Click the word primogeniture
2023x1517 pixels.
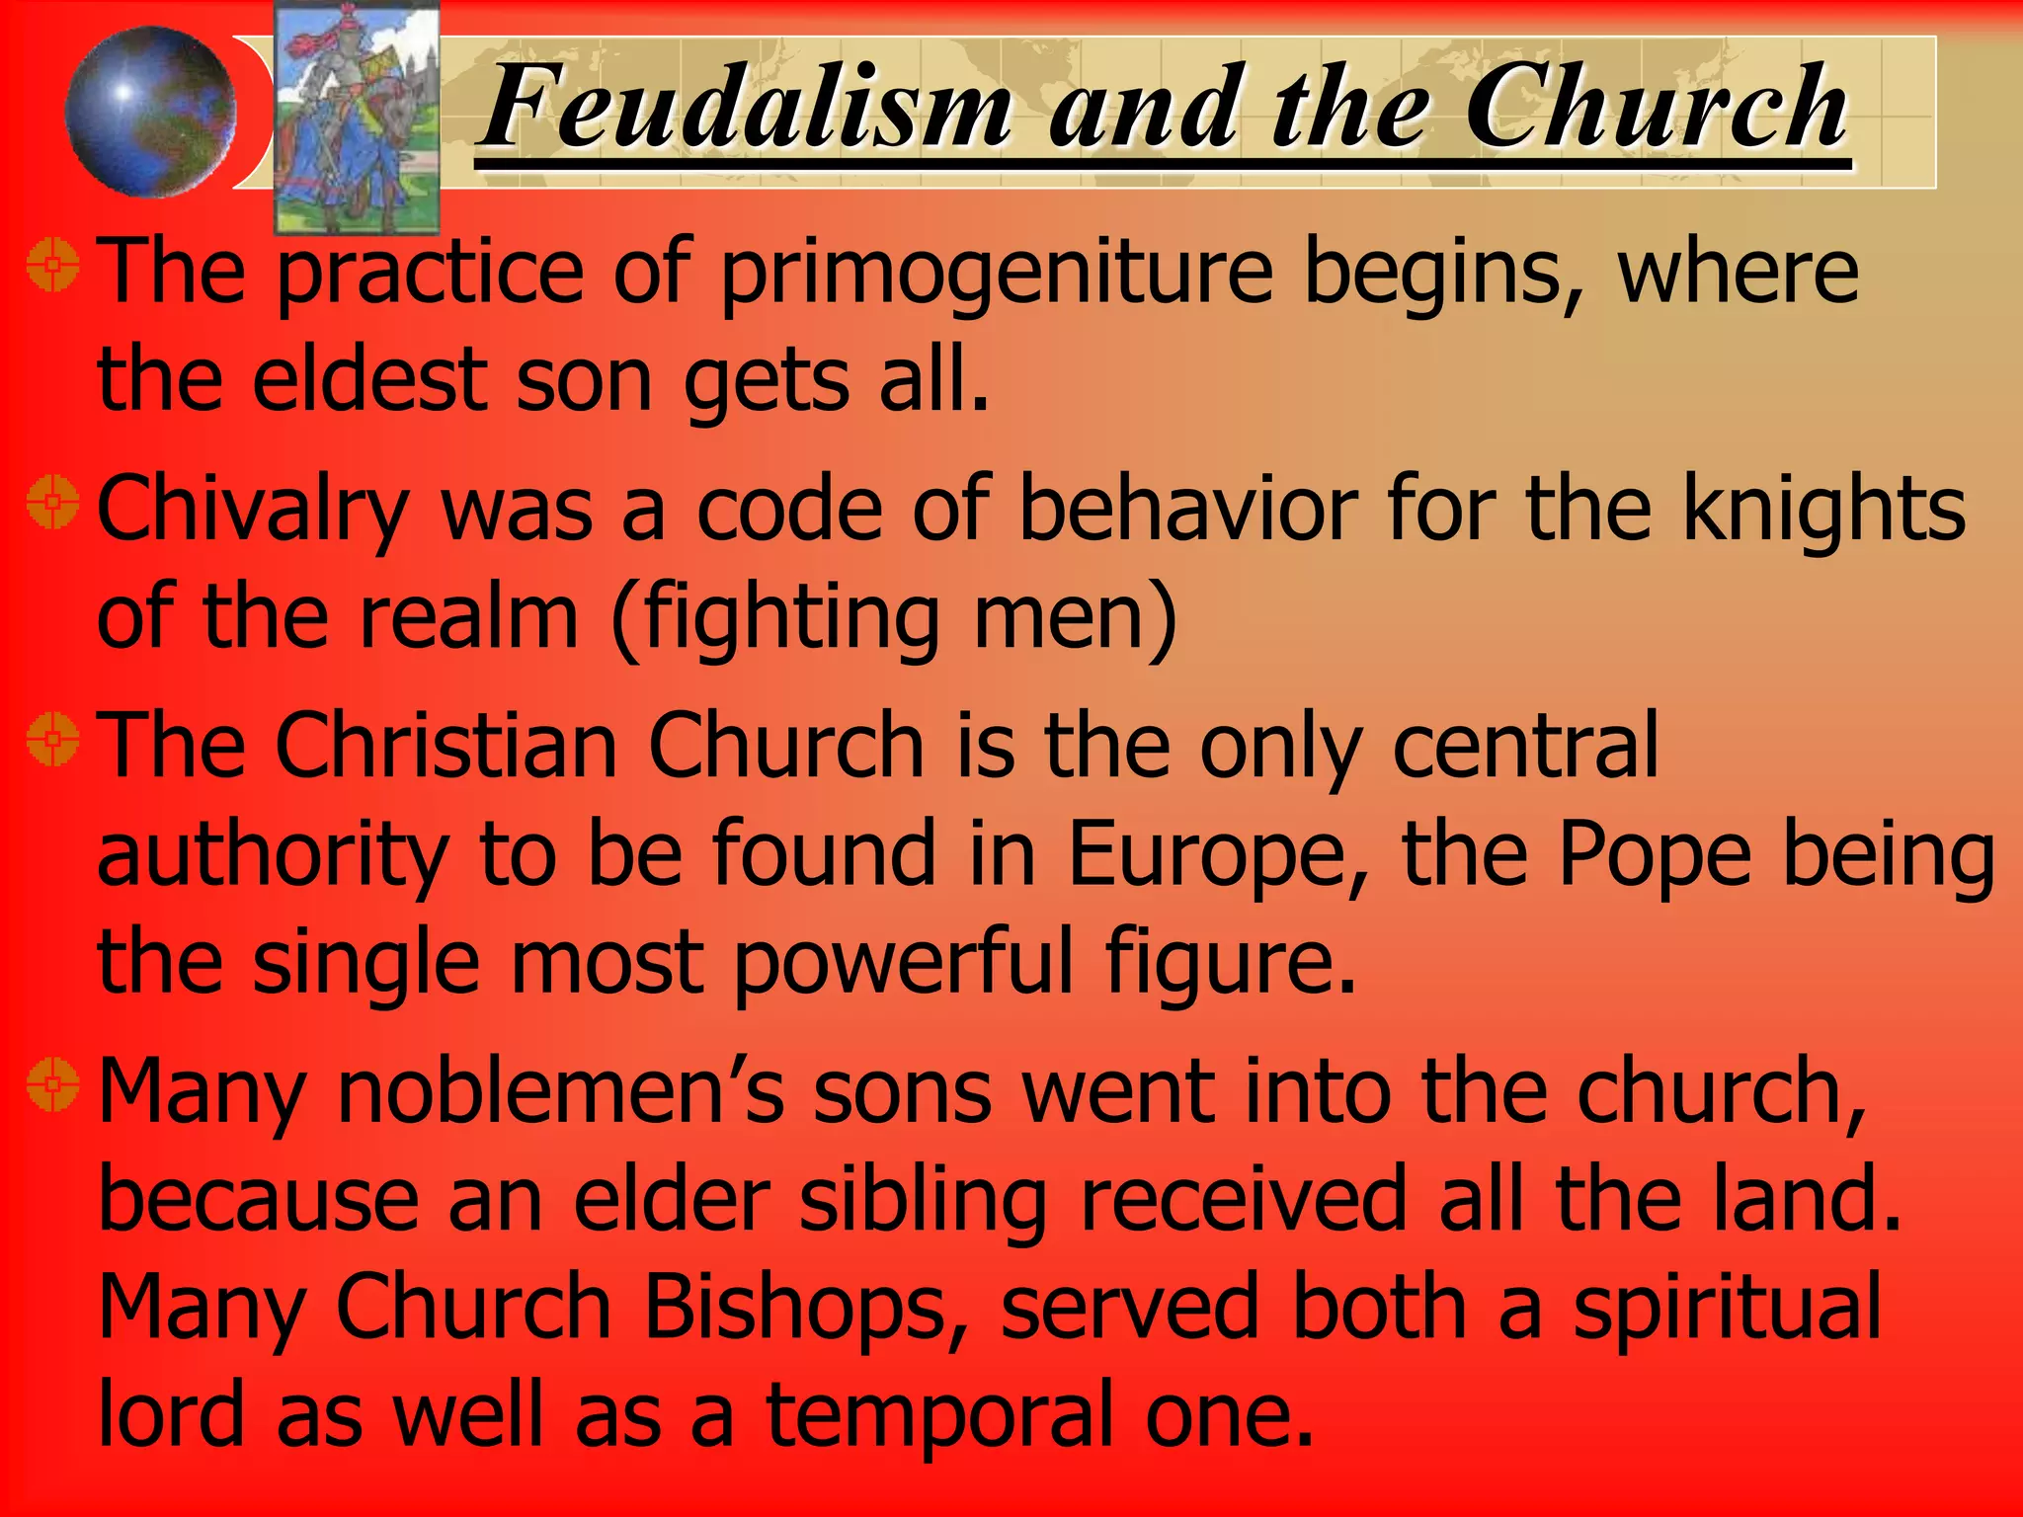(997, 274)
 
